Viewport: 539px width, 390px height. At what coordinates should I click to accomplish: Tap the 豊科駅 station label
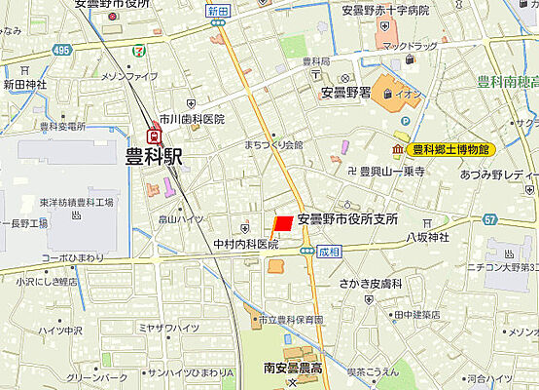(x=155, y=156)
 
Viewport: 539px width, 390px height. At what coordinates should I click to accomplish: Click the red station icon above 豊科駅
(x=155, y=136)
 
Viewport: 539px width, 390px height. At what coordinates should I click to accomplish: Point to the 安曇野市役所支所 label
(x=348, y=219)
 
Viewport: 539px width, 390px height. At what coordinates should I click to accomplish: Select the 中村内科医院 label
(x=246, y=244)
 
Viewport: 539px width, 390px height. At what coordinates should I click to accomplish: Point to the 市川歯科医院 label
(x=192, y=119)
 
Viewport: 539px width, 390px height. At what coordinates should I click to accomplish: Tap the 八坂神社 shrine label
(x=427, y=236)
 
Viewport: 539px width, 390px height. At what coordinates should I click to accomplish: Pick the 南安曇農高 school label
(x=298, y=369)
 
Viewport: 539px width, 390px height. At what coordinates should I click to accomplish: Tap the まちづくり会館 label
(x=273, y=144)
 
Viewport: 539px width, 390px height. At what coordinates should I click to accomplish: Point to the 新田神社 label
(x=25, y=85)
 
